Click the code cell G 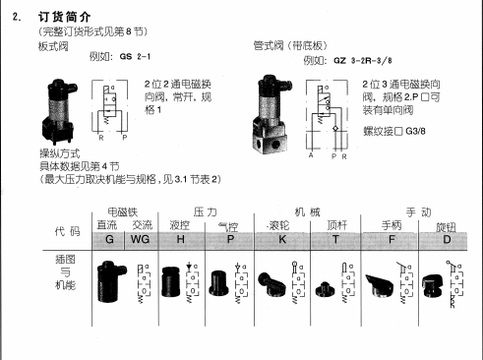click(x=109, y=238)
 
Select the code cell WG click(x=141, y=238)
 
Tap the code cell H click(x=180, y=238)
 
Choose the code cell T click(x=335, y=238)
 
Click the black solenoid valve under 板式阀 click(x=58, y=107)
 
